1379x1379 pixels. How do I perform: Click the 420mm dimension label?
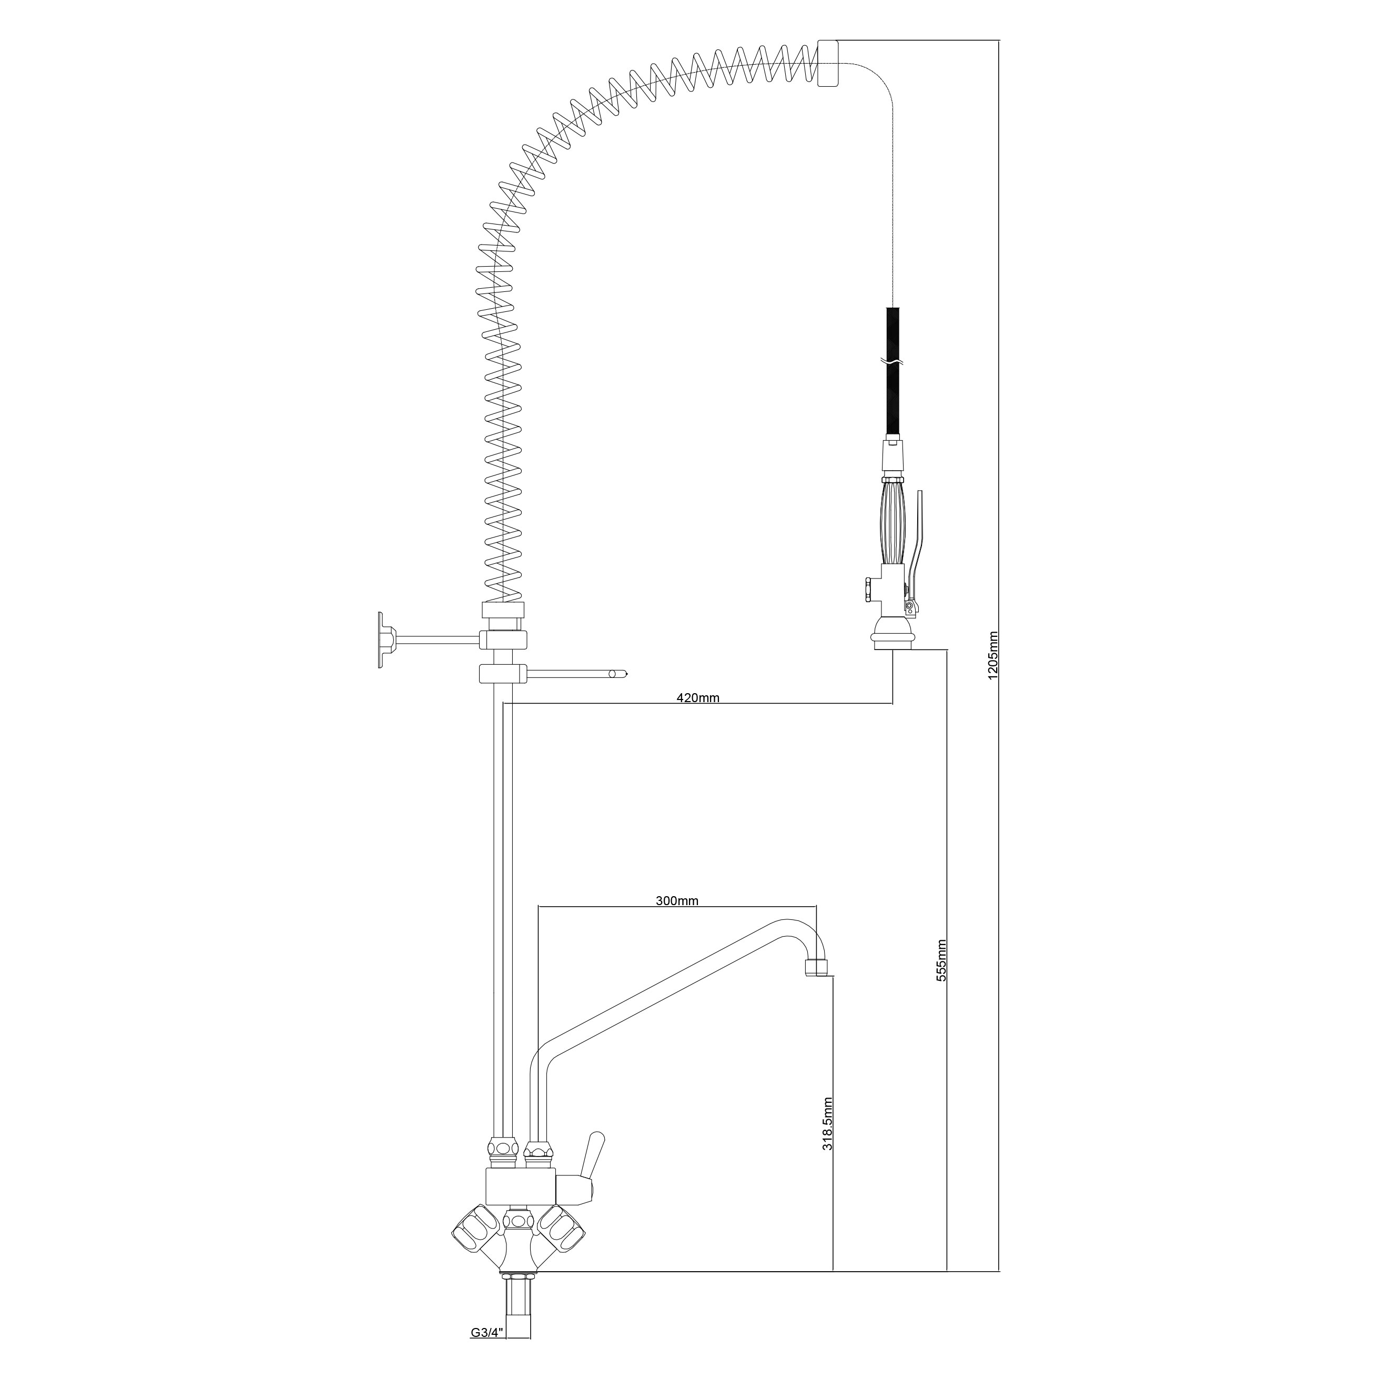pyautogui.click(x=698, y=698)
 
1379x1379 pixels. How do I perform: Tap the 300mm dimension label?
pyautogui.click(x=677, y=901)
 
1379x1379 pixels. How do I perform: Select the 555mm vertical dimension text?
pyautogui.click(x=941, y=960)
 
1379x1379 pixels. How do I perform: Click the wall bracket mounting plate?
pyautogui.click(x=386, y=640)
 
